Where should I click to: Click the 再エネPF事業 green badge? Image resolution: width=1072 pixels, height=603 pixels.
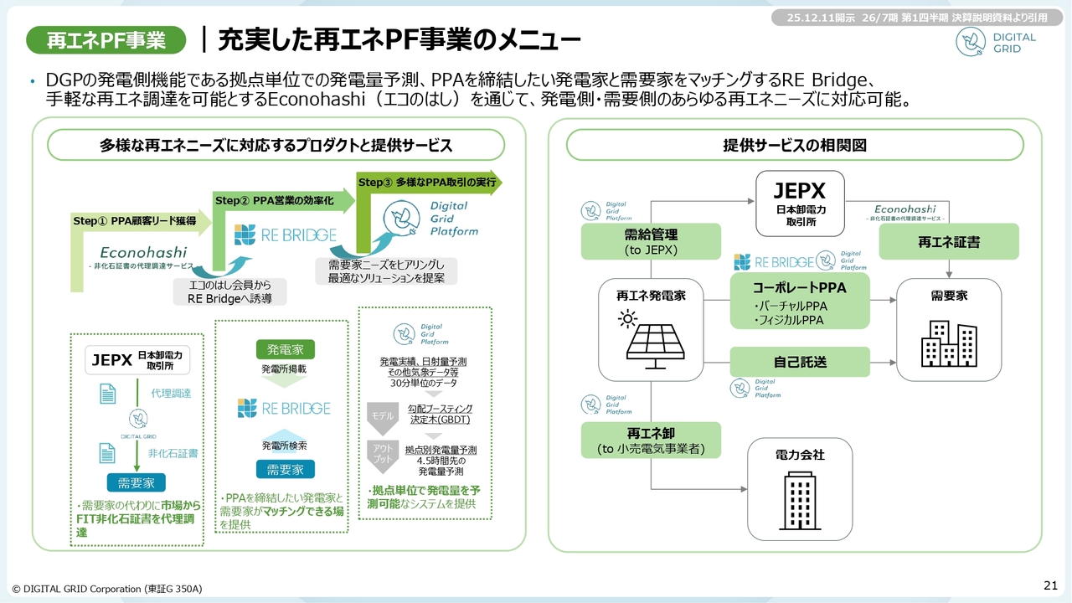108,39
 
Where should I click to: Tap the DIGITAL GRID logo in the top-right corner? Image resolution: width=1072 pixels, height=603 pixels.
997,43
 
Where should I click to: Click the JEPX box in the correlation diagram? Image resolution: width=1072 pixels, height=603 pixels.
799,204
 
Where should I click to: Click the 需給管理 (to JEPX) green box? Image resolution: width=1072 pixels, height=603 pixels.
651,241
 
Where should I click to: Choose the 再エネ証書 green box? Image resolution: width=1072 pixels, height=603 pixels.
949,241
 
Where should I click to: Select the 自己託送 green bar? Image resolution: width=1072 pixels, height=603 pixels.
800,362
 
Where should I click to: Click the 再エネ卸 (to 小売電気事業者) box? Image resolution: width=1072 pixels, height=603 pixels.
651,440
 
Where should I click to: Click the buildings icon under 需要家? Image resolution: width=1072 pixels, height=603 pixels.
949,343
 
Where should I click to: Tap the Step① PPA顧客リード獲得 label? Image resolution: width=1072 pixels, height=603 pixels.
135,221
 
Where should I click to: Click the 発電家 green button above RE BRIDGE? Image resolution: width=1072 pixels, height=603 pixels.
286,349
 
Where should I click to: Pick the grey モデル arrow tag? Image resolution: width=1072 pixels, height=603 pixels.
382,415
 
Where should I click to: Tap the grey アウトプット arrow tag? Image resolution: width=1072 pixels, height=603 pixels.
382,454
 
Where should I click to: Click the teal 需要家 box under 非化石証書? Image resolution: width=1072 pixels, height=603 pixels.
136,482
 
